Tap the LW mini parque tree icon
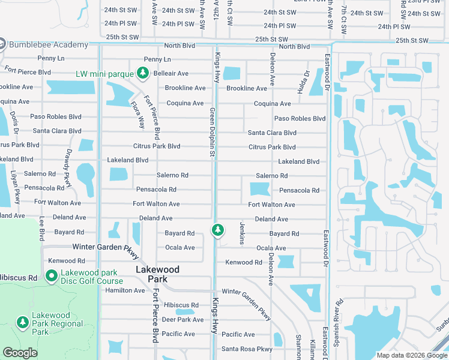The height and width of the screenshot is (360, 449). [142, 73]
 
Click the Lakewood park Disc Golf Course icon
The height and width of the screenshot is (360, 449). [52, 277]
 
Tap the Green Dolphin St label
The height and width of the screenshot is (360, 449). [212, 133]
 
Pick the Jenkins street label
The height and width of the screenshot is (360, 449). [242, 233]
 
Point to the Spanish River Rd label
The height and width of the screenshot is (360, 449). [339, 317]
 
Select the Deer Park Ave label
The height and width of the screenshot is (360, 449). [183, 320]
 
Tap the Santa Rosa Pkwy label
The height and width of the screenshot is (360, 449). [247, 349]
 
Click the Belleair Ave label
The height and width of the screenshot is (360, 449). [171, 74]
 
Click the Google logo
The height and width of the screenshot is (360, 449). [20, 353]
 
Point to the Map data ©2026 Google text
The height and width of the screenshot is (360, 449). [411, 355]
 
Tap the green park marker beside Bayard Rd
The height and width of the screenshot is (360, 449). [217, 230]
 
